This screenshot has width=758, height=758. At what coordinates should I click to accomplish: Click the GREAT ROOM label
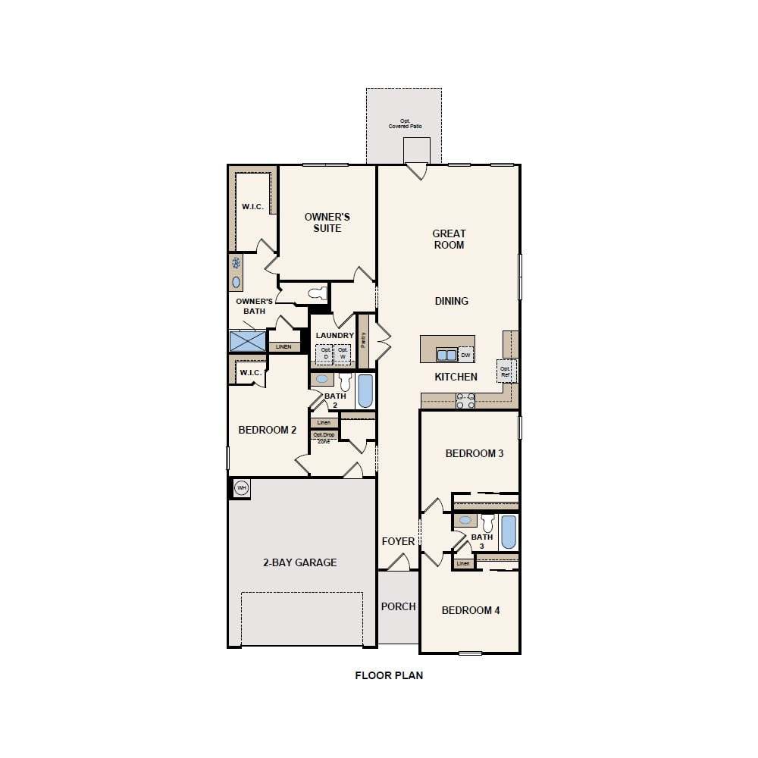coord(449,240)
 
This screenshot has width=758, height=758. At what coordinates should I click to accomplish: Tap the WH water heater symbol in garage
coord(242,487)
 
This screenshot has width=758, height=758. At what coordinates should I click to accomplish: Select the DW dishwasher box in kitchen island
coord(465,355)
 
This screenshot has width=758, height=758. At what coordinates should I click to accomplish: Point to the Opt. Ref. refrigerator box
coord(506,371)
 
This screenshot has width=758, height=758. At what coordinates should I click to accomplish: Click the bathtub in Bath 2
coord(365,391)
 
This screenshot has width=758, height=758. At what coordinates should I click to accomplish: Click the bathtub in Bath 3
coord(508,532)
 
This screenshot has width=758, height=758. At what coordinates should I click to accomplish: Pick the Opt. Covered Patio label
coord(405,124)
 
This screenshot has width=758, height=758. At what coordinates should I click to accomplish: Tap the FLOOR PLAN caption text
coord(389,675)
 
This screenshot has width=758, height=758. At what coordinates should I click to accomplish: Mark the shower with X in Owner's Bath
coord(248,341)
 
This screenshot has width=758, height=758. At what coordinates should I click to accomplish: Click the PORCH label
coord(398,606)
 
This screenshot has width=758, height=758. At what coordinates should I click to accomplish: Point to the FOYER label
coord(398,541)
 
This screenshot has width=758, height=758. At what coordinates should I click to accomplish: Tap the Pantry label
coord(364,340)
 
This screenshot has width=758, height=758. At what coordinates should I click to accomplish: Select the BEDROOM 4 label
coord(470,610)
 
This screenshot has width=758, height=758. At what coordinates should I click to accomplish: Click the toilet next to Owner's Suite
coord(318,293)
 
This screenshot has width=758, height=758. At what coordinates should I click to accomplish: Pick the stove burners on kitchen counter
coord(465,401)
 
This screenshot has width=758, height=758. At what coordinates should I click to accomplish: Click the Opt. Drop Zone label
coord(324,437)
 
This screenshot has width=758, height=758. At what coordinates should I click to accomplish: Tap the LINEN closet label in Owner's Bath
coord(283,346)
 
